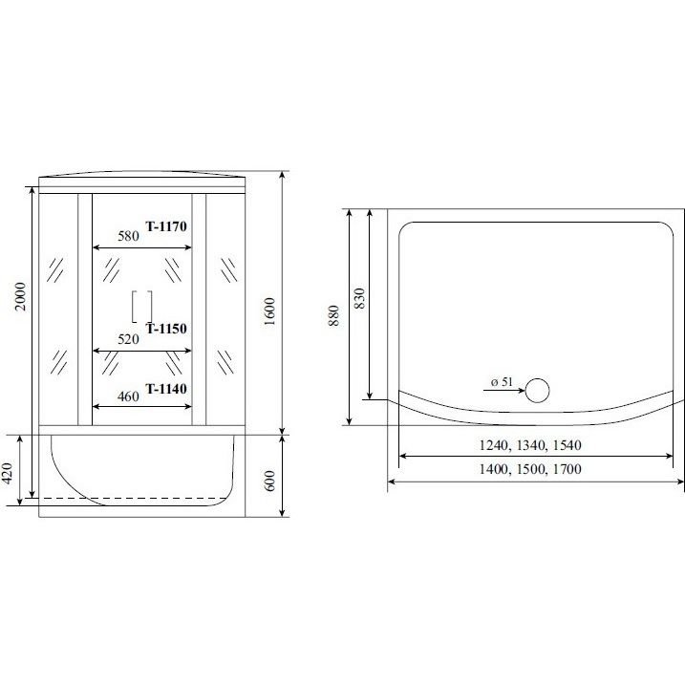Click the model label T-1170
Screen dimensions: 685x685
pos(166,226)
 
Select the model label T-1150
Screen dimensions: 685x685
pos(166,329)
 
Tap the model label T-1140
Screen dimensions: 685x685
pos(166,389)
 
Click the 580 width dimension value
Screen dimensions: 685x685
pos(128,236)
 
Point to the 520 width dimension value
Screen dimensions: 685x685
pos(128,339)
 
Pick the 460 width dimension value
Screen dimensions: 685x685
pos(128,396)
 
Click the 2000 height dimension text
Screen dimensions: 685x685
pos(21,296)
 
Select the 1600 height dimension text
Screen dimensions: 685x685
pos(270,311)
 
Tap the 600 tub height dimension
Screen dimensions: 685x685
pos(270,481)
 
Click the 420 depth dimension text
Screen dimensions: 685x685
pos(8,473)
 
